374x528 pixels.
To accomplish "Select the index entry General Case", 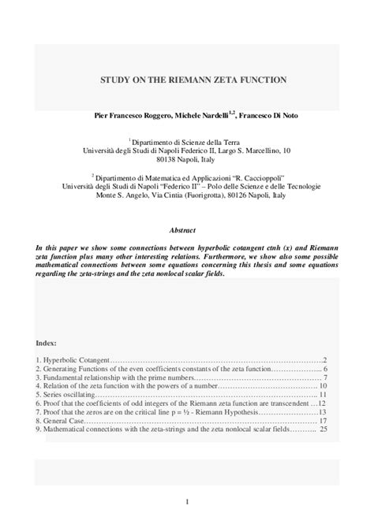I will click(x=60, y=422).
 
